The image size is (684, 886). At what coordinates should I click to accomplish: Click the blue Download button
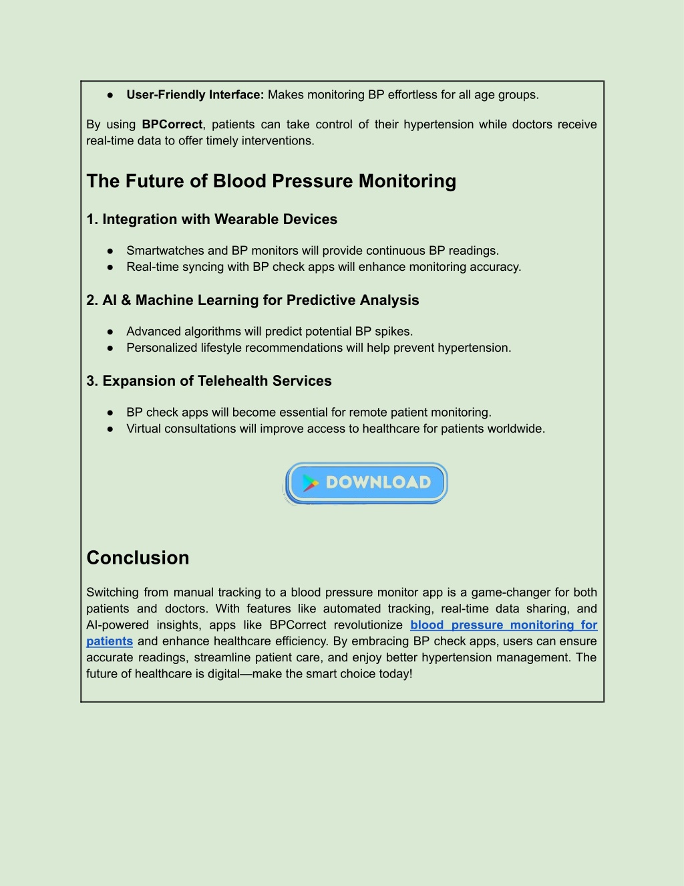click(365, 483)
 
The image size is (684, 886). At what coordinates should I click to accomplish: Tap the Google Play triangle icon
click(311, 483)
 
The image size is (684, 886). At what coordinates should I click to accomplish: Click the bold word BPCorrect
click(172, 124)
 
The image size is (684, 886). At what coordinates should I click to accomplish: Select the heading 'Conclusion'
click(138, 558)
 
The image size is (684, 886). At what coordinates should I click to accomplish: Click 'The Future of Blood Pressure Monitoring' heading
click(271, 181)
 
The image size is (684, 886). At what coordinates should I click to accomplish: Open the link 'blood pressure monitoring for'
click(504, 625)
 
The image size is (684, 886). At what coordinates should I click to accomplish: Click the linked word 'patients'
click(110, 641)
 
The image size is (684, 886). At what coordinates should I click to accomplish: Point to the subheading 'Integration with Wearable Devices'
click(220, 219)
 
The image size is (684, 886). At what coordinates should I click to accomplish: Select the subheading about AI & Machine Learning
click(252, 300)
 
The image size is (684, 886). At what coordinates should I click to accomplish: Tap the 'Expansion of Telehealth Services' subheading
click(217, 381)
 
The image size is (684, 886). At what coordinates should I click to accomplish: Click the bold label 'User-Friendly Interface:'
click(195, 94)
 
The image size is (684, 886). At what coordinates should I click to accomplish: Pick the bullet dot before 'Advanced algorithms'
click(110, 332)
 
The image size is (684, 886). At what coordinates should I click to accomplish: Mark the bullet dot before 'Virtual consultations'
click(110, 429)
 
